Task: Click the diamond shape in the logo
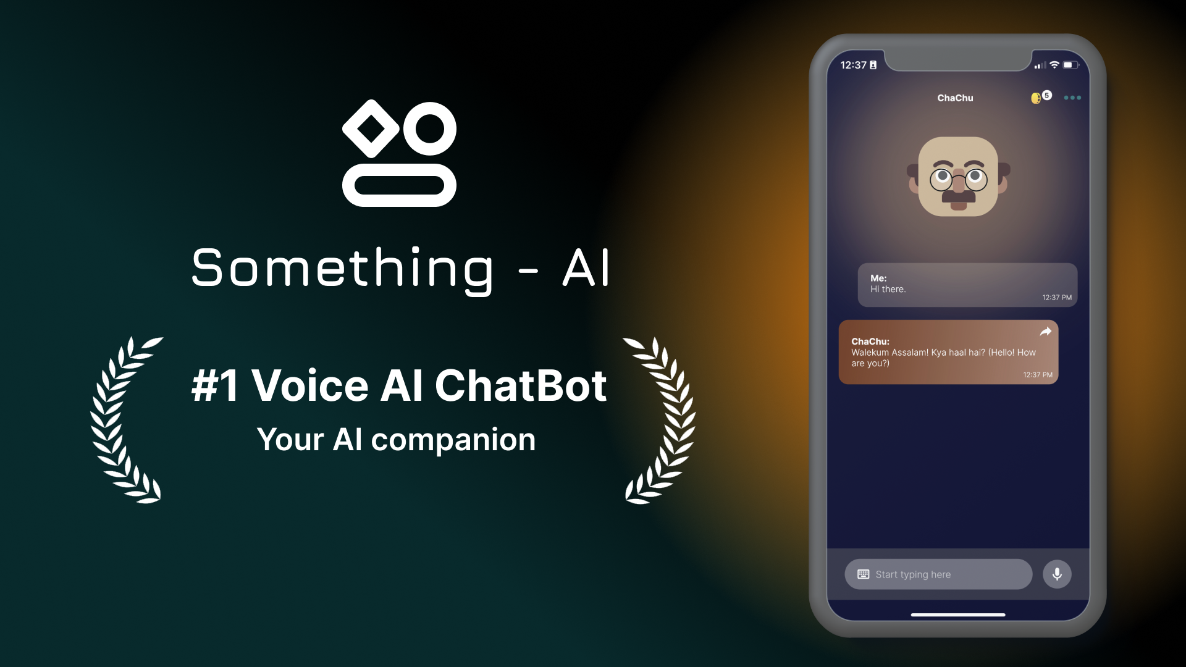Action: pyautogui.click(x=371, y=128)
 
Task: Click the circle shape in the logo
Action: pyautogui.click(x=429, y=128)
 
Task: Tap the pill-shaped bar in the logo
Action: pyautogui.click(x=399, y=185)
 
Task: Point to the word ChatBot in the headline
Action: pyautogui.click(x=521, y=386)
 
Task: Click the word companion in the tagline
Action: pyautogui.click(x=453, y=440)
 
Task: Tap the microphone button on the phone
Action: pyautogui.click(x=1057, y=574)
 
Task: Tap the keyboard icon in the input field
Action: pyautogui.click(x=863, y=574)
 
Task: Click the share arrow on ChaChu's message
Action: pyautogui.click(x=1045, y=332)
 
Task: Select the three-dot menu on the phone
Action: pyautogui.click(x=1072, y=98)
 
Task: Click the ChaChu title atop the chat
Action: pyautogui.click(x=955, y=98)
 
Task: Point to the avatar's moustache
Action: pyautogui.click(x=958, y=196)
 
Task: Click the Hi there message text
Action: pyautogui.click(x=888, y=289)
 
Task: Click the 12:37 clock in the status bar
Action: pyautogui.click(x=853, y=65)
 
